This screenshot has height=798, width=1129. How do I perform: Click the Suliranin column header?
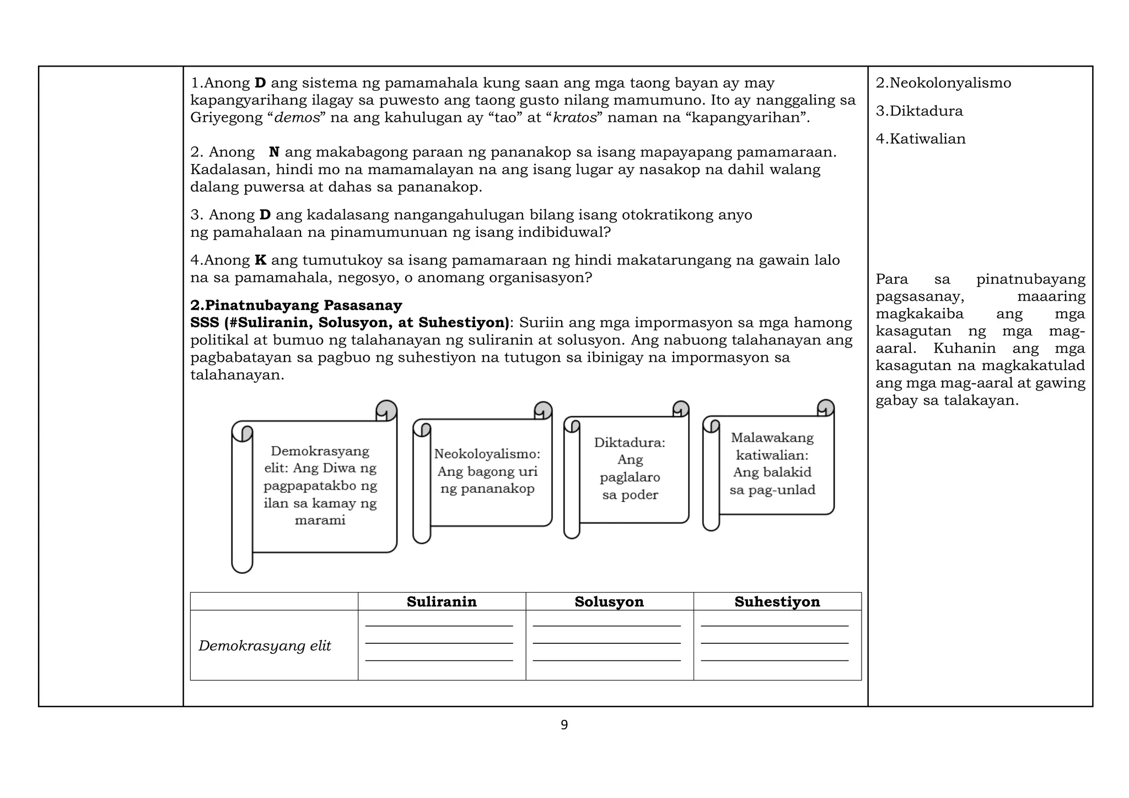[x=442, y=601]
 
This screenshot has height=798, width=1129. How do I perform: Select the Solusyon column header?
[x=609, y=601]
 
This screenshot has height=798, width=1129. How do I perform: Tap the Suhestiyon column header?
[x=777, y=601]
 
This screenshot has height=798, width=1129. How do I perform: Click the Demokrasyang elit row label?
[x=265, y=645]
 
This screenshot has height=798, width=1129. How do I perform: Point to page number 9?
[x=564, y=725]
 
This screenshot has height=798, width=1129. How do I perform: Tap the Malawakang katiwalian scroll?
[x=772, y=464]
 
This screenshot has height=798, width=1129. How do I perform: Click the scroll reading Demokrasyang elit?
[x=320, y=486]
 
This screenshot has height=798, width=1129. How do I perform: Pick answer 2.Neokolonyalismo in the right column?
[x=943, y=83]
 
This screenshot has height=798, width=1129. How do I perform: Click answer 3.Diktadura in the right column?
[x=919, y=111]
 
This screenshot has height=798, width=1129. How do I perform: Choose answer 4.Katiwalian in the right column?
[x=921, y=139]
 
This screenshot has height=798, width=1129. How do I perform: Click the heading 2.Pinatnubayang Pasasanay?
[x=296, y=305]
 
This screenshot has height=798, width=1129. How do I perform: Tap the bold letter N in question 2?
[x=274, y=152]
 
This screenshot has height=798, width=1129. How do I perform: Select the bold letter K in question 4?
[x=260, y=260]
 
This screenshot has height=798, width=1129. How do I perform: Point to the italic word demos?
[x=297, y=118]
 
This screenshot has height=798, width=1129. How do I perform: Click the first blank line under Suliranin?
[x=439, y=626]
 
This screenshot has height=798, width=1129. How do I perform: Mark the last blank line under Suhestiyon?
[x=775, y=660]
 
